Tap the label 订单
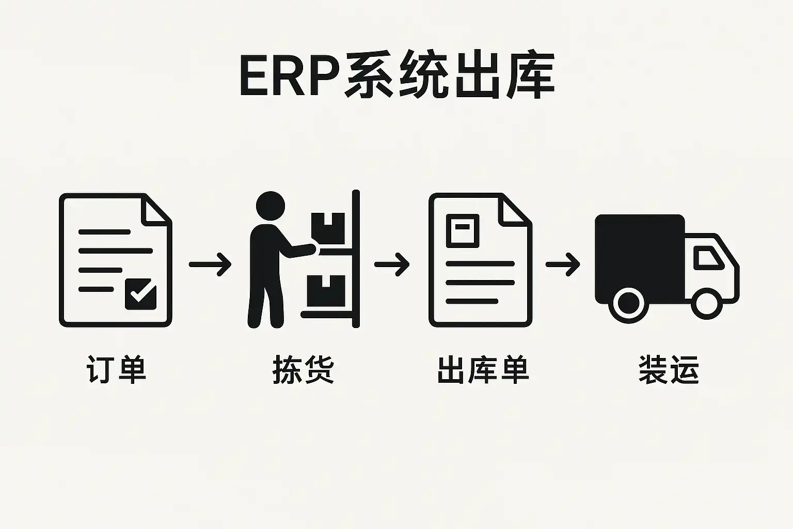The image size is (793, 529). [x=116, y=369]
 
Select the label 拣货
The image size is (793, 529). [x=303, y=369]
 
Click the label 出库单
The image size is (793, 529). [x=483, y=369]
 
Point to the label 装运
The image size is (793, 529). [x=669, y=369]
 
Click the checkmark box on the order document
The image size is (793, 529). [x=140, y=294]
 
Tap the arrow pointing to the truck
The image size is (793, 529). [x=563, y=264]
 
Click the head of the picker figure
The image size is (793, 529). [x=271, y=206]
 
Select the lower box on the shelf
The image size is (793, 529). [x=326, y=290]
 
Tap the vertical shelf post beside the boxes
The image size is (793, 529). [x=355, y=258]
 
